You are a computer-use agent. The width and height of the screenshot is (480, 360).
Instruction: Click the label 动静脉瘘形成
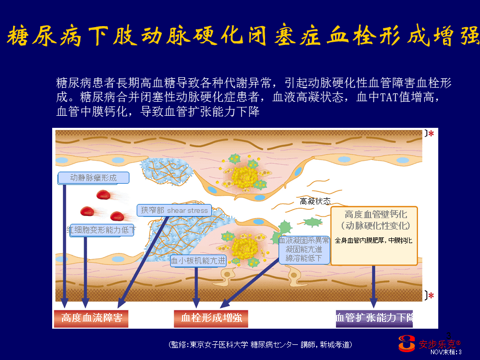click(93, 178)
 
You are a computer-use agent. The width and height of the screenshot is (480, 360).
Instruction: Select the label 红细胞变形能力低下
click(101, 230)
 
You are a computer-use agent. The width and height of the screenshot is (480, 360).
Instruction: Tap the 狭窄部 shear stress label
click(174, 210)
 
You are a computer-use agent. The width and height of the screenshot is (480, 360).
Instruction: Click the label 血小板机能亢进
click(198, 260)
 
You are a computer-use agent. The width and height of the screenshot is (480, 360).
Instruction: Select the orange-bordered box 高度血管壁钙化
click(374, 235)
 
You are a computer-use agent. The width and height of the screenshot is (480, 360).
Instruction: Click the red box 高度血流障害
click(91, 318)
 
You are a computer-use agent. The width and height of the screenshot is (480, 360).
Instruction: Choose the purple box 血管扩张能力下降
click(374, 318)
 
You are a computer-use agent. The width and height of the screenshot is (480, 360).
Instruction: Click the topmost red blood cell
click(104, 195)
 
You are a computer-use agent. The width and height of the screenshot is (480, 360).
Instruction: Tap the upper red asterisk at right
click(431, 134)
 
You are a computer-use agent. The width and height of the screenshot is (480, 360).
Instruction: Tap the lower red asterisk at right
click(431, 296)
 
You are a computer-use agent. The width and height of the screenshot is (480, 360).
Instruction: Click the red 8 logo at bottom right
click(407, 343)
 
